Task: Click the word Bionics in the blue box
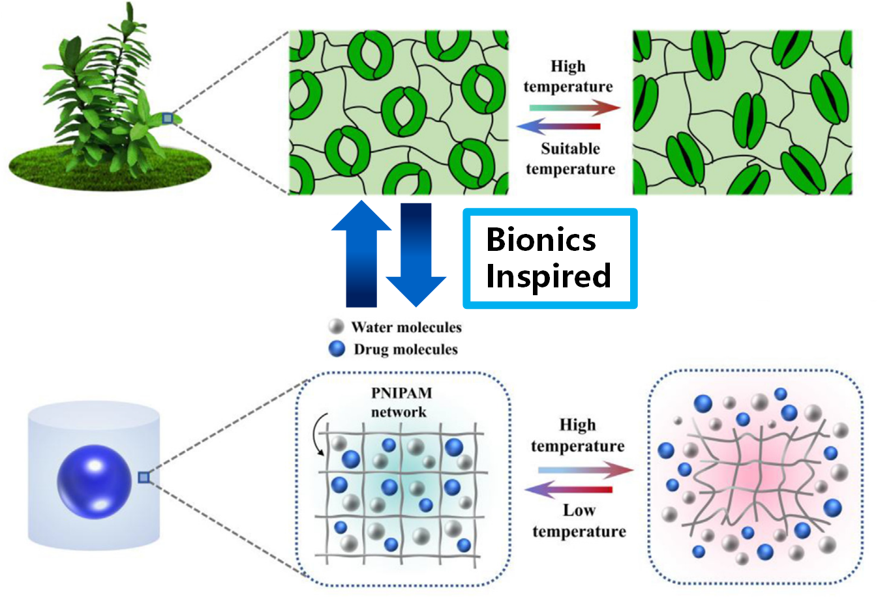541,240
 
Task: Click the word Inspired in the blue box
548,276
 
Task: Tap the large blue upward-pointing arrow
361,254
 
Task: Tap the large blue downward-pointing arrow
416,254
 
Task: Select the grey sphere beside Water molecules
337,326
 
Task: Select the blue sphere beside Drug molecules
337,349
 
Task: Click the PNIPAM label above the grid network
401,394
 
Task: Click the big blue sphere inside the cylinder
94,482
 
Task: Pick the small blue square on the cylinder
144,478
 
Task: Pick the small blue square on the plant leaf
168,118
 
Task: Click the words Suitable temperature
570,159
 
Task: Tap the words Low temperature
579,521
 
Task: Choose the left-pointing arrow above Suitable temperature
559,126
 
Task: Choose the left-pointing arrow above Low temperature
569,489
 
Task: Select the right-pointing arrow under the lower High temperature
585,469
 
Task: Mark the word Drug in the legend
371,349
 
